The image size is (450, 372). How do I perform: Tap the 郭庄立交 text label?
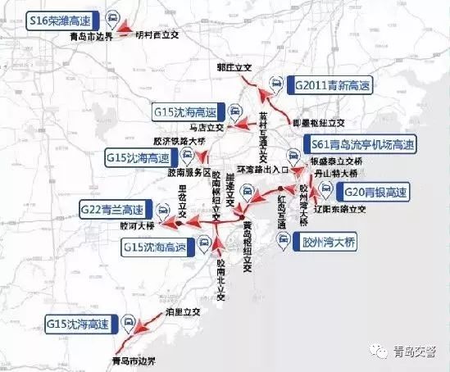pyautogui.click(x=233, y=68)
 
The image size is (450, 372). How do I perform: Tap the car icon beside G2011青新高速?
pyautogui.click(x=277, y=84)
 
